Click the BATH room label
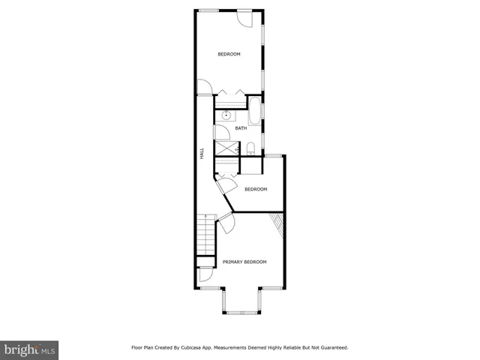pyautogui.click(x=241, y=128)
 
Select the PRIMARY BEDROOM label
pyautogui.click(x=244, y=262)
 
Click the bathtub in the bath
pyautogui.click(x=254, y=112)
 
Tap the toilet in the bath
pyautogui.click(x=253, y=147)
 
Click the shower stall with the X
pyautogui.click(x=226, y=148)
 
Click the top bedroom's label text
pyautogui.click(x=229, y=54)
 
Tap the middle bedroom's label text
pyautogui.click(x=256, y=189)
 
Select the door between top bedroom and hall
pyautogui.click(x=205, y=88)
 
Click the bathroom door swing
pyautogui.click(x=221, y=132)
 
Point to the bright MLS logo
pyautogui.click(x=30, y=350)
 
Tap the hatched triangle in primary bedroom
pyautogui.click(x=280, y=223)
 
